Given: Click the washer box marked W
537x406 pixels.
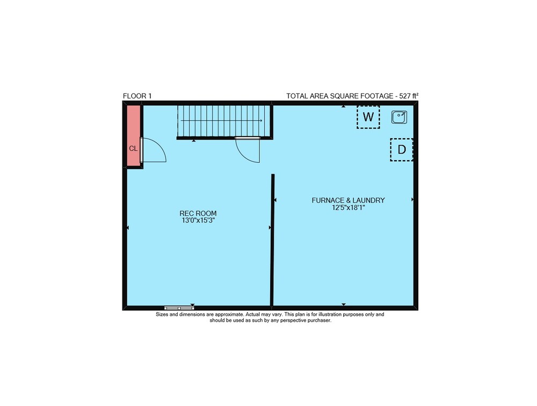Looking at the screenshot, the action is (368, 117).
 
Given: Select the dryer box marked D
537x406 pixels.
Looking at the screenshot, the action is (401, 150).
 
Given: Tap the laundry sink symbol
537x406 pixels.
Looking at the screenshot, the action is (400, 117).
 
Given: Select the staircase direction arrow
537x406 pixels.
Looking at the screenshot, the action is (221, 121).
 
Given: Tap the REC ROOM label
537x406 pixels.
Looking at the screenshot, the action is (198, 213).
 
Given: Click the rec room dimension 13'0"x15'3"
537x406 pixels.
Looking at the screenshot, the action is (198, 221).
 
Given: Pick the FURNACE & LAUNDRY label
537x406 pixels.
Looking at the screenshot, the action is (349, 200).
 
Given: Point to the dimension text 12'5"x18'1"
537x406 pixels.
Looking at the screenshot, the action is (349, 208).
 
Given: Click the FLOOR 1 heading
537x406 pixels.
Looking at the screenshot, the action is (137, 96).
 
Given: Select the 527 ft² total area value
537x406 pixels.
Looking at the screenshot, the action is (409, 96).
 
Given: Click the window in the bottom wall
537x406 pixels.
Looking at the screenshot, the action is (179, 308).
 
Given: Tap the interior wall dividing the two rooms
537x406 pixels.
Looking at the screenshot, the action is (273, 240).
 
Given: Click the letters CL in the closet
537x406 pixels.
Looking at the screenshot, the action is (133, 149).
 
